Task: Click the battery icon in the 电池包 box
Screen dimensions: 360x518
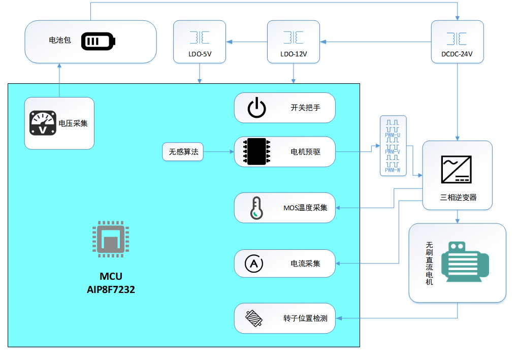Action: pos(98,42)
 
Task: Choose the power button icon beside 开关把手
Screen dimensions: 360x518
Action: pos(256,108)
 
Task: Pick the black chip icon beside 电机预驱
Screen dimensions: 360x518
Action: pos(257,152)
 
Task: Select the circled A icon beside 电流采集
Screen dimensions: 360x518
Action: pos(254,264)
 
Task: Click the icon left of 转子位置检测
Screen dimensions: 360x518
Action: pos(253,318)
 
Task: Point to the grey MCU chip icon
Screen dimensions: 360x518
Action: pos(108,238)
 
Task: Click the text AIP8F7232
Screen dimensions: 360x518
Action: pos(111,290)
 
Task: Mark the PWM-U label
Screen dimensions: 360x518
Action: pos(393,135)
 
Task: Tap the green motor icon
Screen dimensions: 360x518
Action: pos(464,261)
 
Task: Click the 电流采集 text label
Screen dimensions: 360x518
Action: pos(305,264)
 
